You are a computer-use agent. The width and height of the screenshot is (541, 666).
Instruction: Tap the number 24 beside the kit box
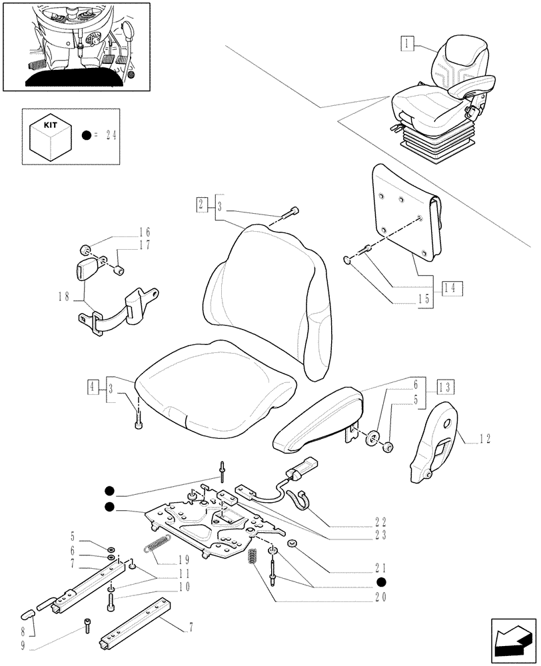point(110,135)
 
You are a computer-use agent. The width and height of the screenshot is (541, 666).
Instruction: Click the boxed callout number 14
point(449,288)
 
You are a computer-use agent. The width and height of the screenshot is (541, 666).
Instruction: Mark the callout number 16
point(145,232)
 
